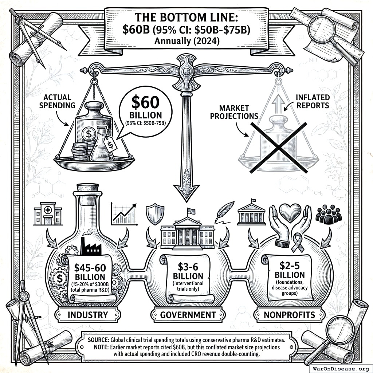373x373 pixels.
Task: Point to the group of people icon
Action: pyautogui.click(x=329, y=214)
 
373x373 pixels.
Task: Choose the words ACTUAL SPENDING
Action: pyautogui.click(x=59, y=101)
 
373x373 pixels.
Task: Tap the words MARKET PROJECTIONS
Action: pyautogui.click(x=239, y=112)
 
